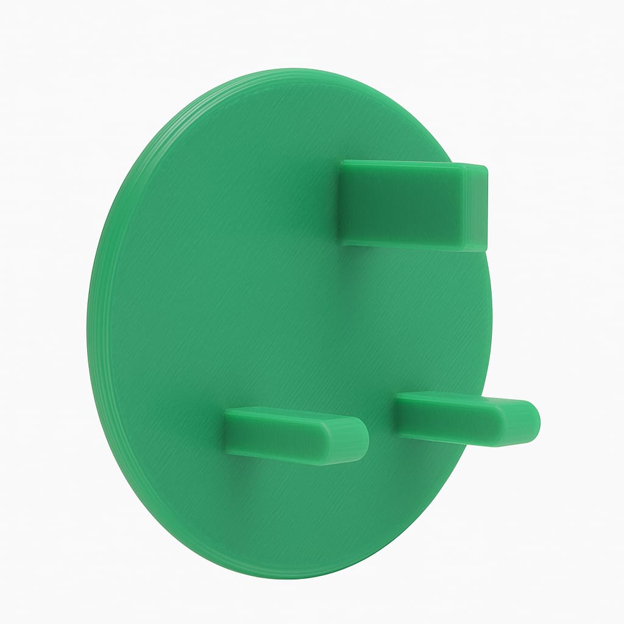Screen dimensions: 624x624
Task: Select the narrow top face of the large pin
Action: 402,164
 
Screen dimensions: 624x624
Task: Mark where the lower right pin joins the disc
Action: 397,414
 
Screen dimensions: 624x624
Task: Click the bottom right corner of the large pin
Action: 484,249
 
